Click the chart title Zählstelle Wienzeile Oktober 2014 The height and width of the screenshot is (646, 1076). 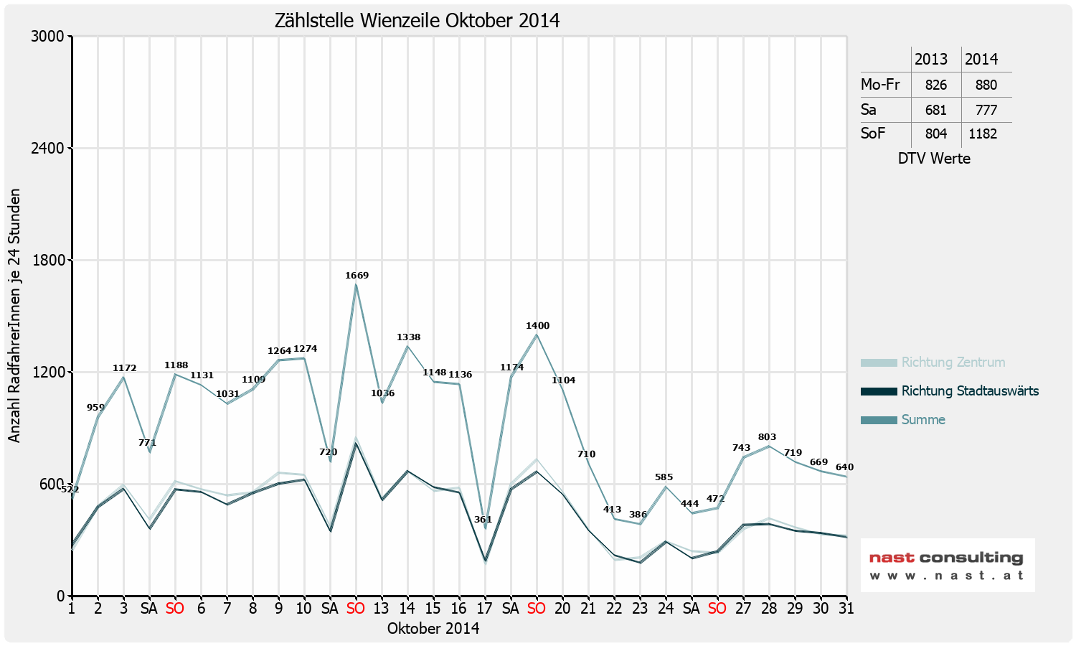click(417, 20)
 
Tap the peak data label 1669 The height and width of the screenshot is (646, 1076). click(357, 276)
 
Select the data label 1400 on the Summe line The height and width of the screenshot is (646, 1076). click(537, 326)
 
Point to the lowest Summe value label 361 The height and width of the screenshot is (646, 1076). click(483, 520)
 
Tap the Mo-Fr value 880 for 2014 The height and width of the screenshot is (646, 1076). click(986, 85)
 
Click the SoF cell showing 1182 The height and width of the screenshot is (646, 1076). click(983, 134)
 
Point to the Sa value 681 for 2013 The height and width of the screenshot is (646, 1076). click(936, 110)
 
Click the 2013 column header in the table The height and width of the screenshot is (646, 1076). click(931, 60)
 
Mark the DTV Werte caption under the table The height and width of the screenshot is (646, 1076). click(934, 159)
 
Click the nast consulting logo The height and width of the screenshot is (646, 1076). click(947, 565)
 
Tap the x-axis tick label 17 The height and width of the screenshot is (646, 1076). click(485, 609)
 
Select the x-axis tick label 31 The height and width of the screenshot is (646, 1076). click(846, 609)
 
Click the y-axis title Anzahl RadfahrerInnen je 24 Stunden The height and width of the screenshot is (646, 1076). click(14, 316)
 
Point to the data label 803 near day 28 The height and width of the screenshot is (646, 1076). click(767, 437)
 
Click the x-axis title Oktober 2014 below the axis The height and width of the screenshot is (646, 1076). click(433, 629)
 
